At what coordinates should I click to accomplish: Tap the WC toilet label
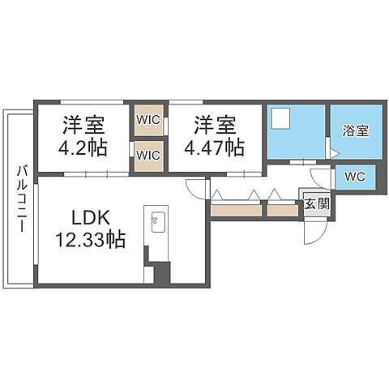click(x=354, y=176)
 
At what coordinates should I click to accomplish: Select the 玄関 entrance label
click(x=316, y=203)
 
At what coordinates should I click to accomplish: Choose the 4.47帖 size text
click(x=216, y=147)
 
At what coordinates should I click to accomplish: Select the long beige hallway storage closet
click(x=237, y=210)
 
